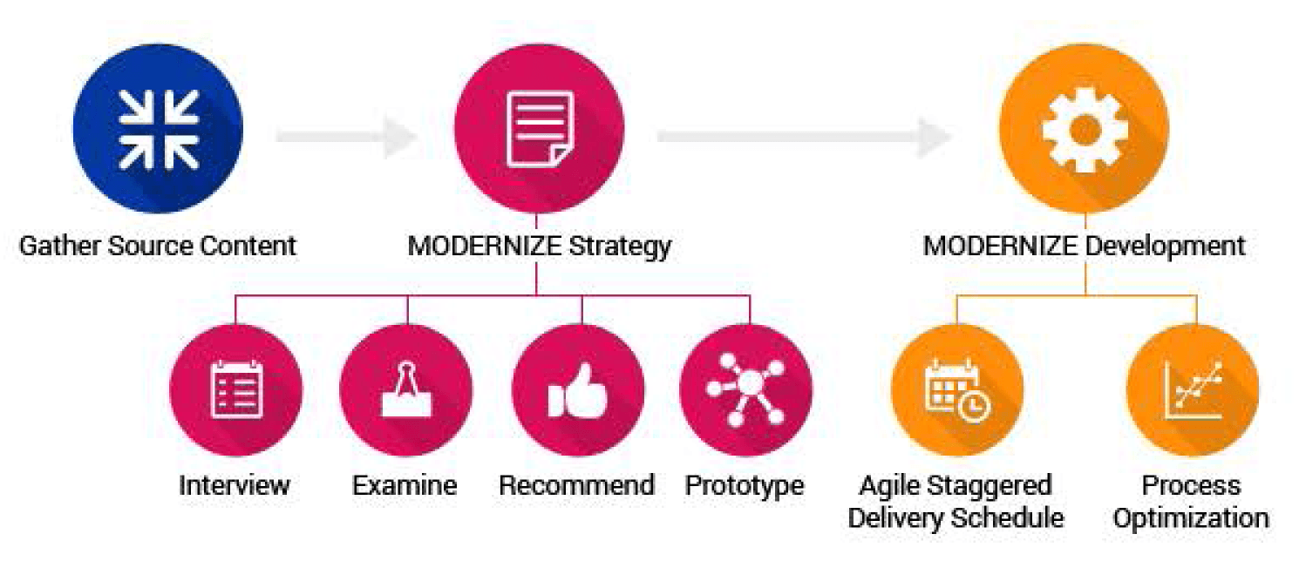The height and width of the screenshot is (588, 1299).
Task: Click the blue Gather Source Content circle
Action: (158, 129)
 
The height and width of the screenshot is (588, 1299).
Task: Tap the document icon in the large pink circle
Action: (541, 129)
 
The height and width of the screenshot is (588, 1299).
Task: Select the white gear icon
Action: (1085, 130)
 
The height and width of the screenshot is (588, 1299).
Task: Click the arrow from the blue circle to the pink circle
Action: (346, 137)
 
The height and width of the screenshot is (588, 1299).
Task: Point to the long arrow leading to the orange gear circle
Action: (804, 137)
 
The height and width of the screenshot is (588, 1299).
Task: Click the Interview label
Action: (235, 485)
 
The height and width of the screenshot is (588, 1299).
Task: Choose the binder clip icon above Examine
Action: (406, 389)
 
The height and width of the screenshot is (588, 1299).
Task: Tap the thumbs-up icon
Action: (578, 390)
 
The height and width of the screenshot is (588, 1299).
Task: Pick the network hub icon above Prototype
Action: (745, 389)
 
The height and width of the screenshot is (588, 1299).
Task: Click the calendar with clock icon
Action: (957, 392)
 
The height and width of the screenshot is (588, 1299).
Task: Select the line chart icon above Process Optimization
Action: (1194, 390)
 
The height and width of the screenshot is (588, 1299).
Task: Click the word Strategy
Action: (619, 247)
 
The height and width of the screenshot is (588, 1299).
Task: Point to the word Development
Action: (1165, 247)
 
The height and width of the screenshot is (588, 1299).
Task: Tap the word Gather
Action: (60, 246)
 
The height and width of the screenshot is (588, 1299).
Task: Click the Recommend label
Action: (576, 485)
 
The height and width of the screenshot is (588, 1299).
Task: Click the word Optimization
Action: (1191, 519)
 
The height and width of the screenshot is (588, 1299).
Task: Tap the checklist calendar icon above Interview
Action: (236, 389)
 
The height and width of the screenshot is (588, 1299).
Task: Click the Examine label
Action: (405, 485)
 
